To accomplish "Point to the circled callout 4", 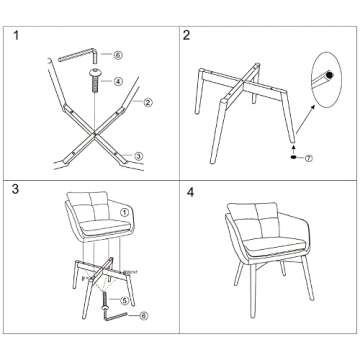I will tap(118, 81).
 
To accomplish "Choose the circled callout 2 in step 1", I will tap(147, 101).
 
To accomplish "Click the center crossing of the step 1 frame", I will tap(91, 131).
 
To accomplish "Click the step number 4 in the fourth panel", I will tap(190, 189).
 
